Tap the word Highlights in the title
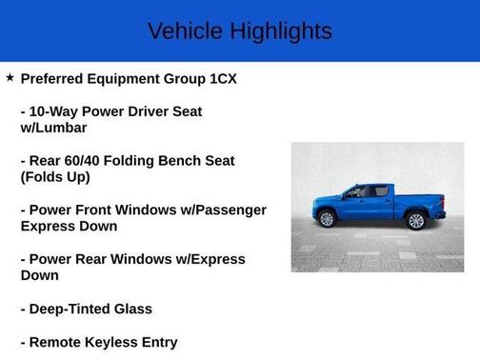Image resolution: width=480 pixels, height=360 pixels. [284, 31]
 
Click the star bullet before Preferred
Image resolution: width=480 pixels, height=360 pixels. [10, 77]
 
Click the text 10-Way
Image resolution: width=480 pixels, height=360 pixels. [56, 111]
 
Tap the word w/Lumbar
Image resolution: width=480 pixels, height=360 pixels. [53, 128]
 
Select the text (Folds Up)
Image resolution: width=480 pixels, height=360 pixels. [55, 177]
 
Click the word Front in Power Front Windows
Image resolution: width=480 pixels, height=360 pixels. [104, 210]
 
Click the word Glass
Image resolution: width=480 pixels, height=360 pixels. [131, 309]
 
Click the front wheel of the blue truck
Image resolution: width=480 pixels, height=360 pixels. [328, 219]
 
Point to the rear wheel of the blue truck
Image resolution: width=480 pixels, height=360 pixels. [415, 220]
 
